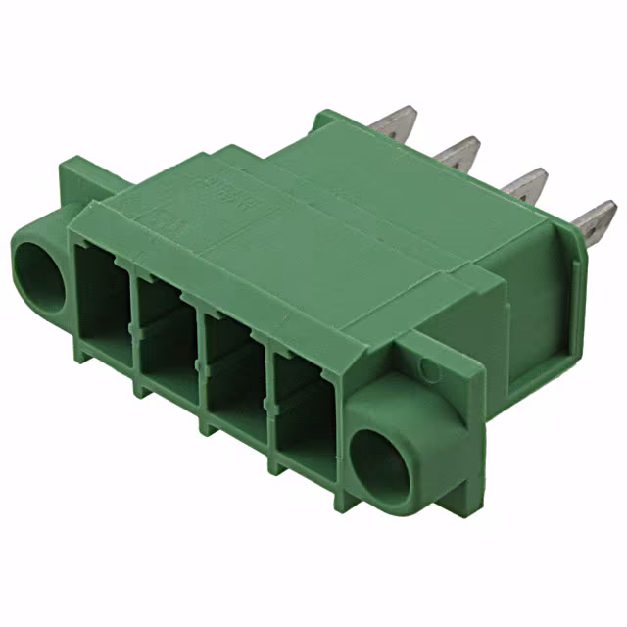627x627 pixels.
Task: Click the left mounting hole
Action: click(x=38, y=267)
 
